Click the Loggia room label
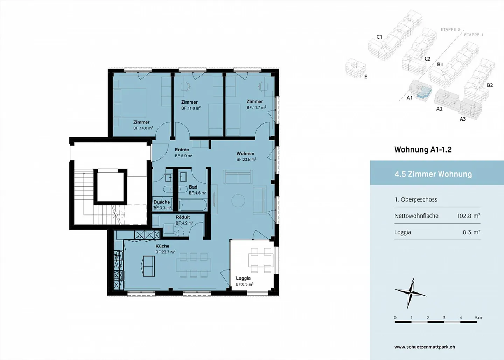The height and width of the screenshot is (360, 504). [x=243, y=278]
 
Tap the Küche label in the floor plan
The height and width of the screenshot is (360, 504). [x=162, y=246]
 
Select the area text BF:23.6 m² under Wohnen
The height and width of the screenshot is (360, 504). [x=246, y=160]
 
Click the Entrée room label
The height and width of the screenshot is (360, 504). [x=182, y=150]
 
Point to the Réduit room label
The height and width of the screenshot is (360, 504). [x=183, y=217]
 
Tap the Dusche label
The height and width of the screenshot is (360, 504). [x=162, y=202]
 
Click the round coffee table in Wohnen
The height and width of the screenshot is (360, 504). [x=238, y=200]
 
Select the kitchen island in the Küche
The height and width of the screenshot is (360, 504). [x=148, y=266]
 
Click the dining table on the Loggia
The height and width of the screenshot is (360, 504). [x=261, y=260]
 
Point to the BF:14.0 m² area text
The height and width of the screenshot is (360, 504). [x=143, y=128]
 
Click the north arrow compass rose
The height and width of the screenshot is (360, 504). [x=410, y=292]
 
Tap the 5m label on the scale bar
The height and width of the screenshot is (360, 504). [x=478, y=318]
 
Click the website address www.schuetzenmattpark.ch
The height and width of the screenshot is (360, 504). [x=425, y=347]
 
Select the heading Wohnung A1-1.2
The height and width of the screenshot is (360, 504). [x=423, y=150]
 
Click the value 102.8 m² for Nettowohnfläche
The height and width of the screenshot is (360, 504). [x=468, y=216]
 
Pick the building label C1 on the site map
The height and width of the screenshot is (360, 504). [x=379, y=37]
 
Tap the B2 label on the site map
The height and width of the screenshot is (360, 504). [x=490, y=85]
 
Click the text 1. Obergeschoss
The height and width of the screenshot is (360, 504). [x=416, y=199]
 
